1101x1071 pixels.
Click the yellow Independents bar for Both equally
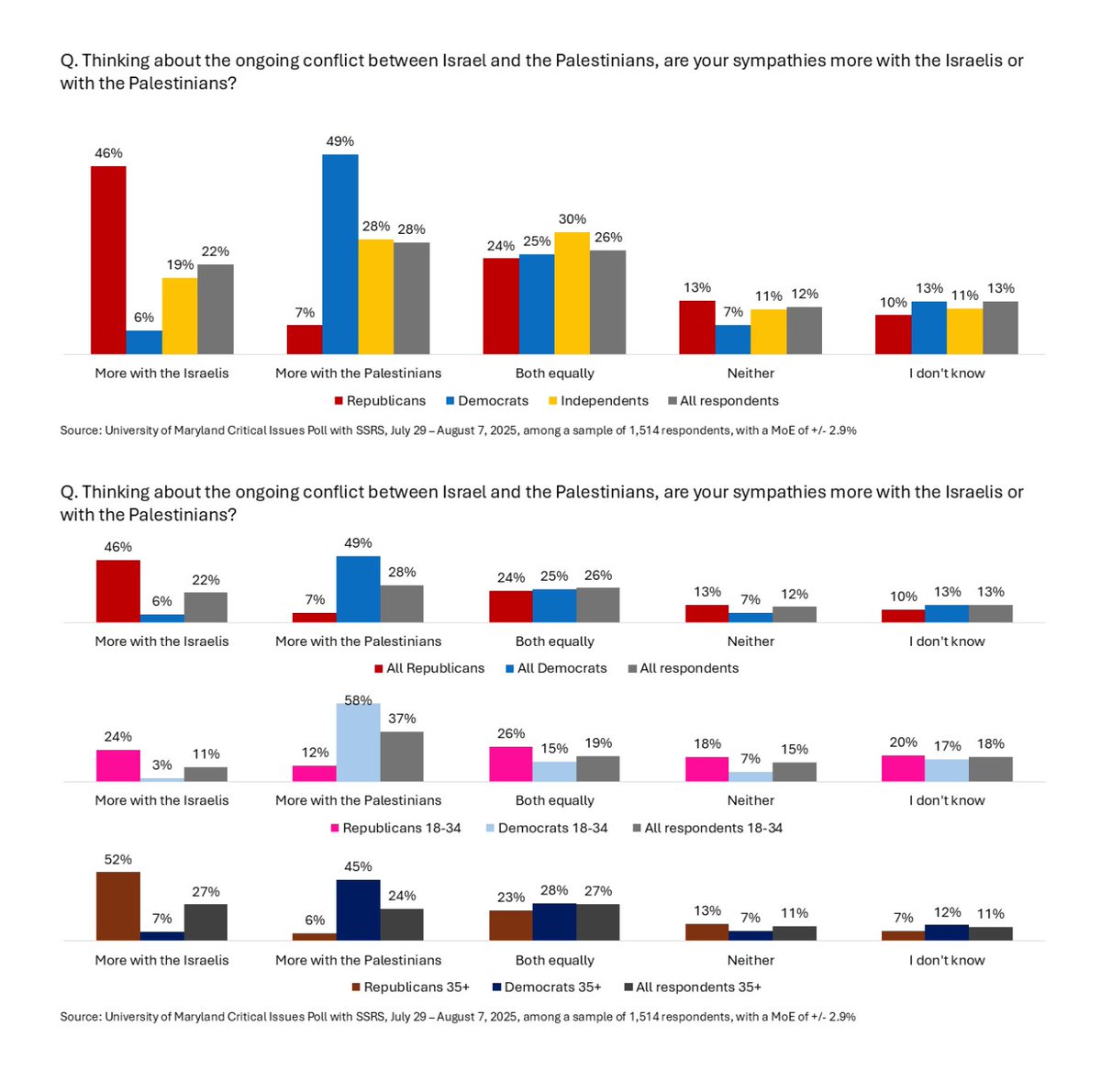pyautogui.click(x=572, y=293)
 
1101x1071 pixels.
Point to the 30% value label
pyautogui.click(x=573, y=219)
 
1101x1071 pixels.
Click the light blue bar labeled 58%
pyautogui.click(x=358, y=742)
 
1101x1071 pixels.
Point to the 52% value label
pyautogui.click(x=118, y=860)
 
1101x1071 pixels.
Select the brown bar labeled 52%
pyautogui.click(x=118, y=906)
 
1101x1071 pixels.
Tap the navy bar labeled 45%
pyautogui.click(x=358, y=909)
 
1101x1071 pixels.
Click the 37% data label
pyautogui.click(x=402, y=719)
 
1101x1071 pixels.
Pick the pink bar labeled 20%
pyautogui.click(x=903, y=768)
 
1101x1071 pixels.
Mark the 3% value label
pyautogui.click(x=162, y=765)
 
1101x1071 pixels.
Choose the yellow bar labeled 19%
pyautogui.click(x=180, y=316)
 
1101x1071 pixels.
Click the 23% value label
pyautogui.click(x=511, y=898)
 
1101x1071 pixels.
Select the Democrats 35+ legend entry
pyautogui.click(x=552, y=987)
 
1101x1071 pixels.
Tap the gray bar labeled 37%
pyautogui.click(x=402, y=756)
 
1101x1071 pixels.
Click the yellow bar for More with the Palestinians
pyautogui.click(x=375, y=296)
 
